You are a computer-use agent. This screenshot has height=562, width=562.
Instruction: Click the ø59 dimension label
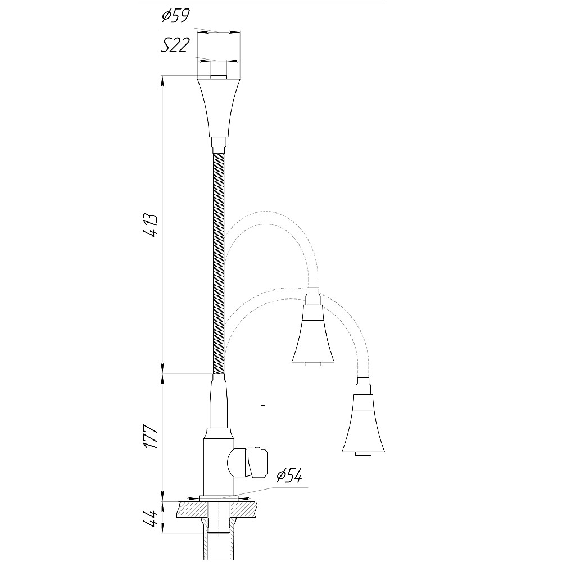tap(175, 16)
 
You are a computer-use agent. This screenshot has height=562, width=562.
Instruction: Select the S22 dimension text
tap(174, 46)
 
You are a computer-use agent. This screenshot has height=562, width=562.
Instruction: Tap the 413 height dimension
tap(150, 225)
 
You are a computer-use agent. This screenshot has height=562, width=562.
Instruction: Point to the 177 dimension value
tap(150, 437)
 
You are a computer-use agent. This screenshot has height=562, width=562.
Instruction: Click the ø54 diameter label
tap(289, 475)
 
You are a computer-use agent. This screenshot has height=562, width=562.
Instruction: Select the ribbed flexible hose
tap(219, 264)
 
